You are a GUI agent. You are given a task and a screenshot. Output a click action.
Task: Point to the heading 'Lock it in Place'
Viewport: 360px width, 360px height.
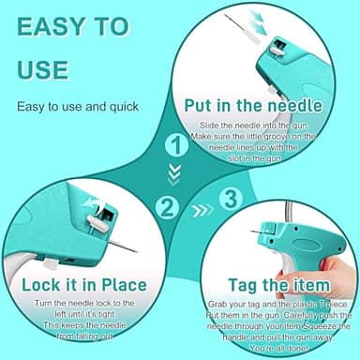[84, 285]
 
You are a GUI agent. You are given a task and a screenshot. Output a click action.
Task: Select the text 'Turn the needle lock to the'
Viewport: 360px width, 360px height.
[84, 304]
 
